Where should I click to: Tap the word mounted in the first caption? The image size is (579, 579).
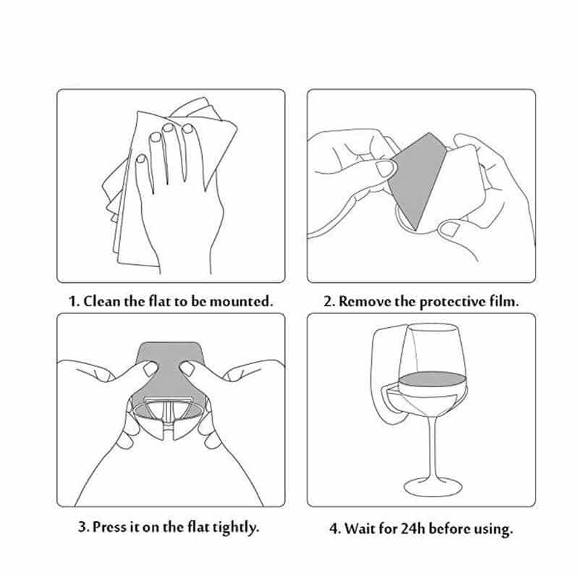click(241, 302)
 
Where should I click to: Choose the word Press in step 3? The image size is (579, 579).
click(109, 527)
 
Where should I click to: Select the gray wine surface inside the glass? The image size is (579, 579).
click(432, 379)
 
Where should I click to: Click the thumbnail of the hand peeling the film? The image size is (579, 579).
click(385, 168)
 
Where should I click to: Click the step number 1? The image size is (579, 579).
click(73, 302)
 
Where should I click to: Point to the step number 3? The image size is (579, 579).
click(83, 527)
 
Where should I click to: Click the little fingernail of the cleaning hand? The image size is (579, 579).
click(140, 159)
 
